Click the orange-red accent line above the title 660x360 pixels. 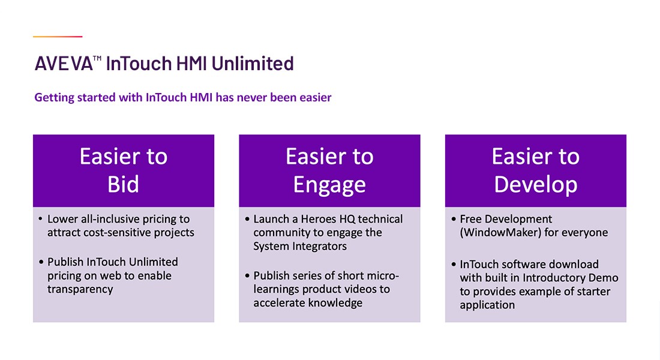(58, 37)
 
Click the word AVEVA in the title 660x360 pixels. (64, 64)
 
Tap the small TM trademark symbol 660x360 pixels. (97, 58)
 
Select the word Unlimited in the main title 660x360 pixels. (253, 64)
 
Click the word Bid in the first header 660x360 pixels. (123, 184)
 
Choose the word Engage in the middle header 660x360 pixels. (329, 185)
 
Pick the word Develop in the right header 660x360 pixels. (535, 185)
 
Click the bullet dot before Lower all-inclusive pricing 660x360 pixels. (40, 219)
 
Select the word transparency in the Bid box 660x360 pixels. (80, 289)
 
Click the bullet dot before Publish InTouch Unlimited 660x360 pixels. (41, 262)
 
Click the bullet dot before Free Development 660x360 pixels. (454, 219)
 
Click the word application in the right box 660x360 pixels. (487, 305)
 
